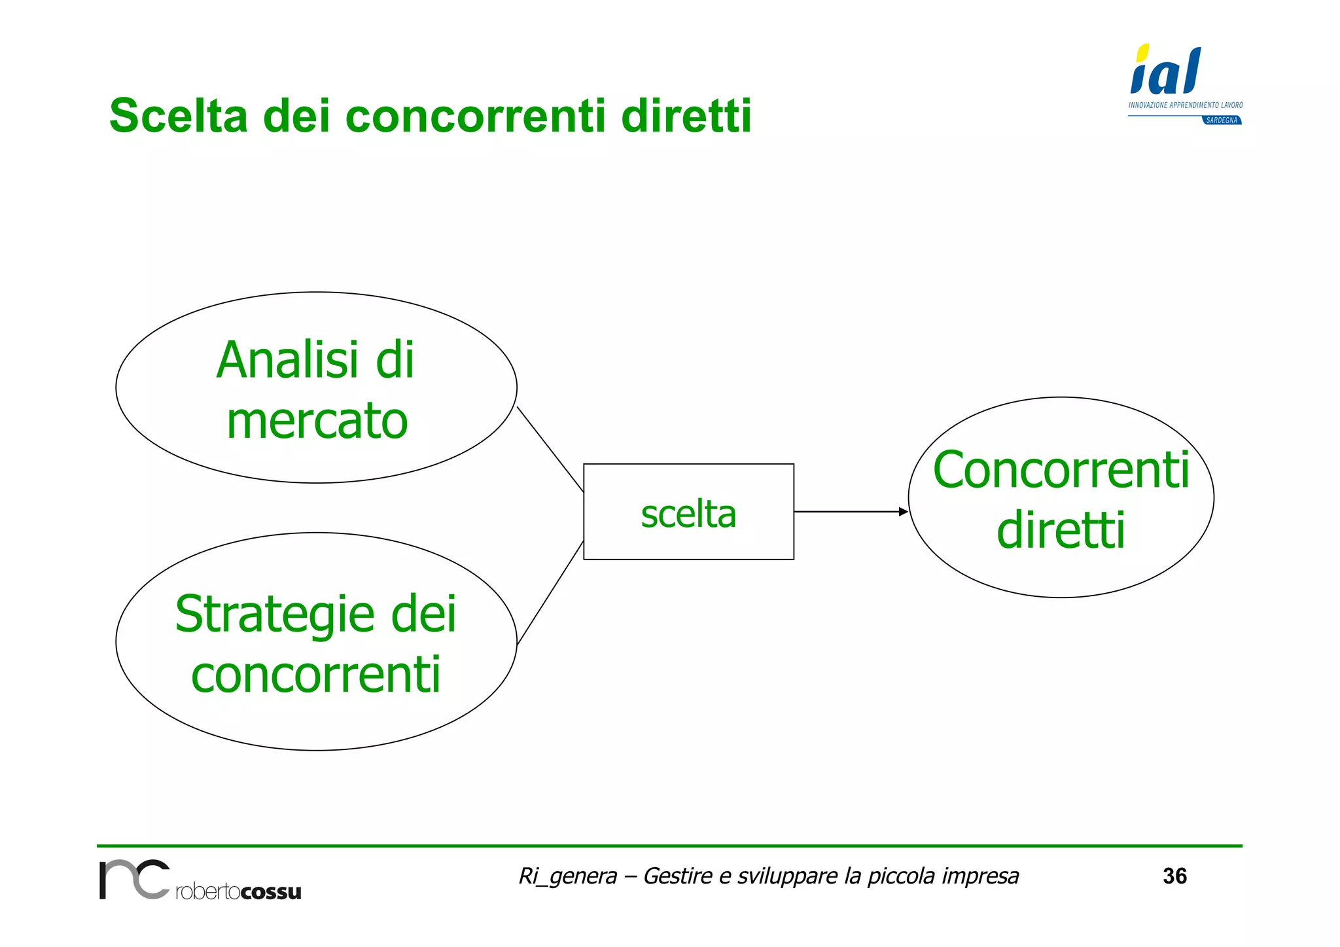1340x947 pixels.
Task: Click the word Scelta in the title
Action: (178, 116)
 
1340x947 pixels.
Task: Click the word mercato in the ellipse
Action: (317, 421)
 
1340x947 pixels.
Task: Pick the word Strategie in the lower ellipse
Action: (275, 615)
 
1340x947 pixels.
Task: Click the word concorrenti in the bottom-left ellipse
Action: (316, 675)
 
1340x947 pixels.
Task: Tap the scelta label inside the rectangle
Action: (688, 514)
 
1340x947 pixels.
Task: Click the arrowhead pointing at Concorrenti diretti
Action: (904, 512)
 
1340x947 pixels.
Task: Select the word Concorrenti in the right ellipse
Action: (1061, 470)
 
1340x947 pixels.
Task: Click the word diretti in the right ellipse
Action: (1061, 530)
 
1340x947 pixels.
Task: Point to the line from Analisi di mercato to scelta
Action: (550, 450)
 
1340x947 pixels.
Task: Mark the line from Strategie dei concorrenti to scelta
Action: (550, 593)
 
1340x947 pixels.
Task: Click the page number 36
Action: (1174, 876)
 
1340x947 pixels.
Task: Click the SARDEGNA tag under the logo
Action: (1222, 120)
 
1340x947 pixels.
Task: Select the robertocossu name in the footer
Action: (238, 892)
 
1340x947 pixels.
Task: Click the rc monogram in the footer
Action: (134, 880)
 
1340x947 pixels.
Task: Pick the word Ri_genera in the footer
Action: (567, 876)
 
